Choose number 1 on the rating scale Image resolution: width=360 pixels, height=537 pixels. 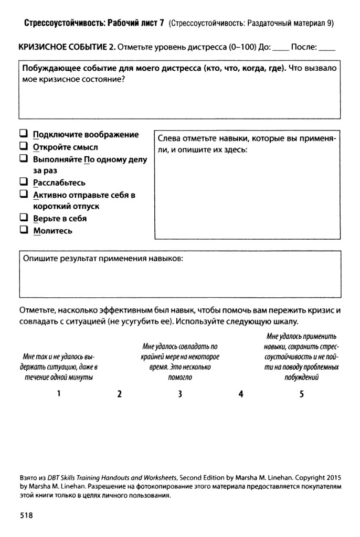click(59, 393)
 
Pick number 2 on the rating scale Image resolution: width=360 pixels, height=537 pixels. click(120, 394)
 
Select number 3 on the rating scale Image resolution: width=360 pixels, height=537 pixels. click(179, 394)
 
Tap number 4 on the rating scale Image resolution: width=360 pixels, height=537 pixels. click(241, 394)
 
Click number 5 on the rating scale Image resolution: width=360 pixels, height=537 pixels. click(302, 394)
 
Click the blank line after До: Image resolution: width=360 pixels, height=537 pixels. click(281, 49)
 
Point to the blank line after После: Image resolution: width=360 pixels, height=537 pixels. click(327, 49)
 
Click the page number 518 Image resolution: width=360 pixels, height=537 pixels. click(26, 515)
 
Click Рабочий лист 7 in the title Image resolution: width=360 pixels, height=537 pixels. click(135, 23)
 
